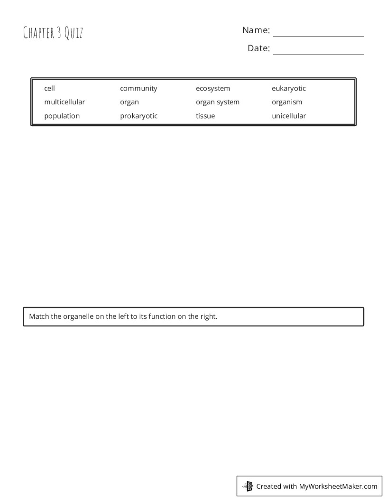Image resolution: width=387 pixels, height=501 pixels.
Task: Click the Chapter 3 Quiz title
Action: (53, 33)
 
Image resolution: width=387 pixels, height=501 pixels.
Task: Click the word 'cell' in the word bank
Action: (49, 88)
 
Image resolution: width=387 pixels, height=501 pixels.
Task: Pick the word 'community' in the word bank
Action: (138, 88)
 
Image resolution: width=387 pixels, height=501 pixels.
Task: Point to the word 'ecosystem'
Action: (213, 88)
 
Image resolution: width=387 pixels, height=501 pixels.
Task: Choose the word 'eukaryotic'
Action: (289, 88)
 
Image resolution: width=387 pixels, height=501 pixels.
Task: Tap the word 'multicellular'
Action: (64, 102)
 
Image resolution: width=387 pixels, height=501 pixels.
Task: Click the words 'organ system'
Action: (218, 102)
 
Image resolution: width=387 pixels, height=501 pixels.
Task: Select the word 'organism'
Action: (287, 102)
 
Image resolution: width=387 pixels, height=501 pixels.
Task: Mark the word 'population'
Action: (62, 116)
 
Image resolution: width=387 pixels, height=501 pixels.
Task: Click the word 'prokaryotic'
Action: (138, 116)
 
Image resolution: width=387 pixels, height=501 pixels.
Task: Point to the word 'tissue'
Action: (205, 116)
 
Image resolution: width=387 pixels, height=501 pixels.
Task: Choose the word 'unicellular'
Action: (289, 116)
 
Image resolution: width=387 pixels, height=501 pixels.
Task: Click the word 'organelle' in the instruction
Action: (78, 316)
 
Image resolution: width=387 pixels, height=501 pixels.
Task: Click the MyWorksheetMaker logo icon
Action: (248, 486)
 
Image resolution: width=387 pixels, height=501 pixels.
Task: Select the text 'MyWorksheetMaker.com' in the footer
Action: (338, 486)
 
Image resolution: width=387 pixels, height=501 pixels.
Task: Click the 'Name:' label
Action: (256, 30)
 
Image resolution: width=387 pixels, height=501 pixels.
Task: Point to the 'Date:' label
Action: (258, 48)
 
